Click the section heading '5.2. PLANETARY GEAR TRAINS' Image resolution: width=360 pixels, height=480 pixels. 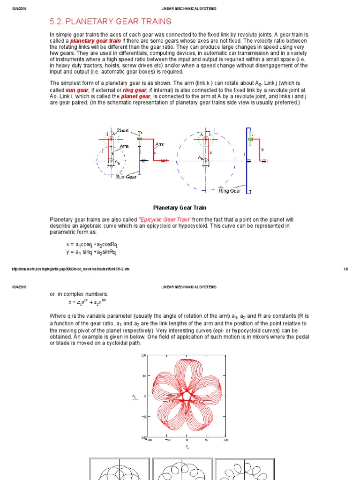(x=110, y=22)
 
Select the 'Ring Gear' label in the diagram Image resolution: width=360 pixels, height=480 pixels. (x=230, y=191)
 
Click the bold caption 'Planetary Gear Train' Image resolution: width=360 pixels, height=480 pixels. (x=180, y=208)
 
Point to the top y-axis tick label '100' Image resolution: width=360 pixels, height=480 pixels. (x=144, y=355)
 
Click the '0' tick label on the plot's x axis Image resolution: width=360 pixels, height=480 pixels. (x=187, y=441)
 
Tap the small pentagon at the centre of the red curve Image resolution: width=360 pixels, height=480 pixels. (x=187, y=397)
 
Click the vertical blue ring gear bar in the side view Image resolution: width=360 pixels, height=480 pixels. (x=247, y=159)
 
